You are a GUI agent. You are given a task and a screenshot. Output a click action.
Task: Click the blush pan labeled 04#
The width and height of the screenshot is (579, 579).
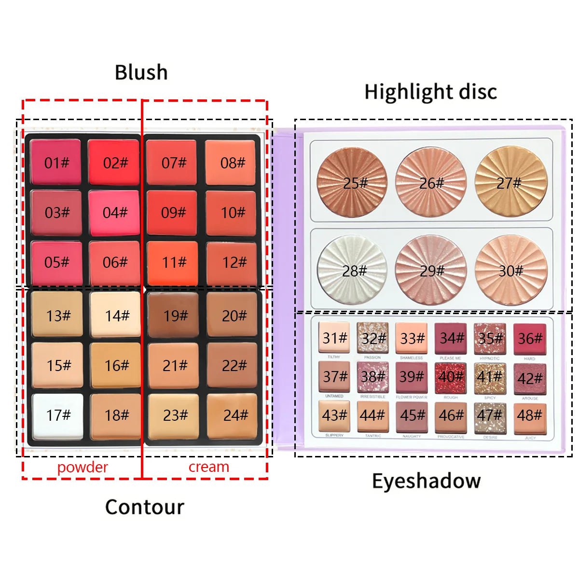pyautogui.click(x=114, y=212)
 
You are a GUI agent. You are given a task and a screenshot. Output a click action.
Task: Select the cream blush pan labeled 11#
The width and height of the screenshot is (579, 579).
pyautogui.click(x=173, y=262)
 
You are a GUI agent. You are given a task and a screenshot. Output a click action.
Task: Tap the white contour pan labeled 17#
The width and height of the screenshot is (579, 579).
pyautogui.click(x=57, y=415)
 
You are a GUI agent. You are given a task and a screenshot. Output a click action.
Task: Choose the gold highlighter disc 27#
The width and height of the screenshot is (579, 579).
pyautogui.click(x=510, y=182)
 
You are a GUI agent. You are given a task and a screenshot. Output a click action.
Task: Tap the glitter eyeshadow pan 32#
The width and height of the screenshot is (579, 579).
pyautogui.click(x=372, y=338)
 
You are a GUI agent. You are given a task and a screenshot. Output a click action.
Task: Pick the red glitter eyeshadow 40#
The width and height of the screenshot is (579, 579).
pyautogui.click(x=451, y=376)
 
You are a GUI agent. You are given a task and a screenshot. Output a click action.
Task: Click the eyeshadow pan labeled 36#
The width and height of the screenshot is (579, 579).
pyautogui.click(x=529, y=338)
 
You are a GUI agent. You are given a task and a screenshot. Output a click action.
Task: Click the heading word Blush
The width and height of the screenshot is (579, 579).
pyautogui.click(x=141, y=72)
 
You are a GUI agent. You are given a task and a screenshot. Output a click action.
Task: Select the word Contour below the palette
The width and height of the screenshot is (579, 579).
pyautogui.click(x=145, y=507)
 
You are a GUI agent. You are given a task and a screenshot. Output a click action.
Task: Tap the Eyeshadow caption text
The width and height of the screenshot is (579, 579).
pyautogui.click(x=426, y=481)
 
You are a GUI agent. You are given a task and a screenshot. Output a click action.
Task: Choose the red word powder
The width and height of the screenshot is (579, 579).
pyautogui.click(x=83, y=467)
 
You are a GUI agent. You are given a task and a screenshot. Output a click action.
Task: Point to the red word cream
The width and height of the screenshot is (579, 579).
pyautogui.click(x=208, y=467)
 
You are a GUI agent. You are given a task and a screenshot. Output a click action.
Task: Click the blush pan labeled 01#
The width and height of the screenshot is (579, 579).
pyautogui.click(x=56, y=163)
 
